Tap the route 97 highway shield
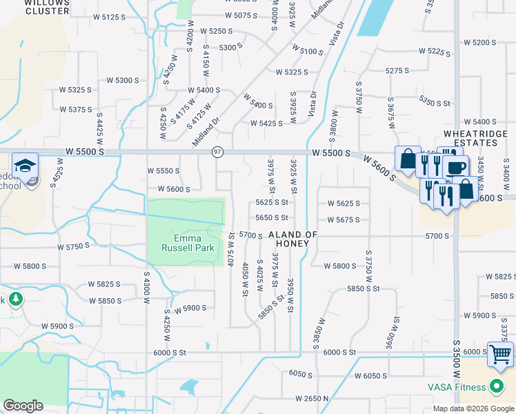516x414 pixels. click(x=218, y=152)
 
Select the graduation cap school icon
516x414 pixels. click(x=25, y=166)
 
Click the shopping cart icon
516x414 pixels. click(x=500, y=355)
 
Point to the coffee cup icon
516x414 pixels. click(x=456, y=167)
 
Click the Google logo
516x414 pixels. click(x=23, y=406)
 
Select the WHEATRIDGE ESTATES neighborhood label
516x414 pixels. click(x=470, y=138)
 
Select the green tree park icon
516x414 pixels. click(x=14, y=299)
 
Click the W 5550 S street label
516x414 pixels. click(x=163, y=170)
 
